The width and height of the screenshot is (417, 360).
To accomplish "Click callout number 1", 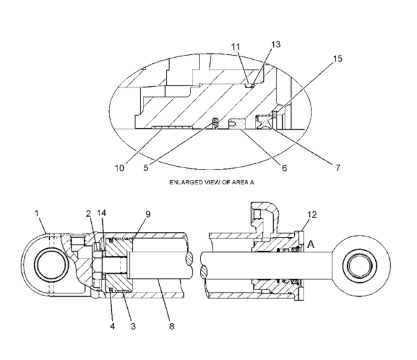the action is click(x=37, y=213).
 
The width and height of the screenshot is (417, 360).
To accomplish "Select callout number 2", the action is click(x=88, y=213).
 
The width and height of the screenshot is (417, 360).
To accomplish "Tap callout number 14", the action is click(x=101, y=213).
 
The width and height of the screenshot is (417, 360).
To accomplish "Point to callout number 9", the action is click(x=148, y=214).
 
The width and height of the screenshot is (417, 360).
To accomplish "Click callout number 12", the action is click(x=312, y=215).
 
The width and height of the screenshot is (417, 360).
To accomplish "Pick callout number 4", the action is click(x=113, y=326).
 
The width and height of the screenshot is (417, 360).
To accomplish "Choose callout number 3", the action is click(x=133, y=326).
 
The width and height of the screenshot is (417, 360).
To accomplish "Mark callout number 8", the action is click(x=172, y=326).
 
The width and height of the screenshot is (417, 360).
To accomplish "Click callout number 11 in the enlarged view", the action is click(x=236, y=47).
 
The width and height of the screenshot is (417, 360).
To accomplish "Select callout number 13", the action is click(x=276, y=44).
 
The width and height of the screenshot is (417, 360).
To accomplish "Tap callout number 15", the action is click(x=338, y=59).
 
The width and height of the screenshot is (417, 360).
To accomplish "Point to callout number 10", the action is click(x=120, y=168).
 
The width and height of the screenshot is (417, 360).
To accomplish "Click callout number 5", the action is click(x=146, y=168).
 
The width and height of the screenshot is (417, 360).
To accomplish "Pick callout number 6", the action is click(x=284, y=168).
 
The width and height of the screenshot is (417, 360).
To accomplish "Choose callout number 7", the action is click(x=338, y=167).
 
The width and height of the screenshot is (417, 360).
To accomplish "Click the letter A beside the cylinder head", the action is click(x=311, y=245).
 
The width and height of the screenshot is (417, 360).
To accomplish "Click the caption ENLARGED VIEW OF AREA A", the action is click(x=212, y=182).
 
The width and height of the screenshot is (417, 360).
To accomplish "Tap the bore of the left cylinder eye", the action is click(x=51, y=265).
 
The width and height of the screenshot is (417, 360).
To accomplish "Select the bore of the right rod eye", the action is click(x=360, y=265).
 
